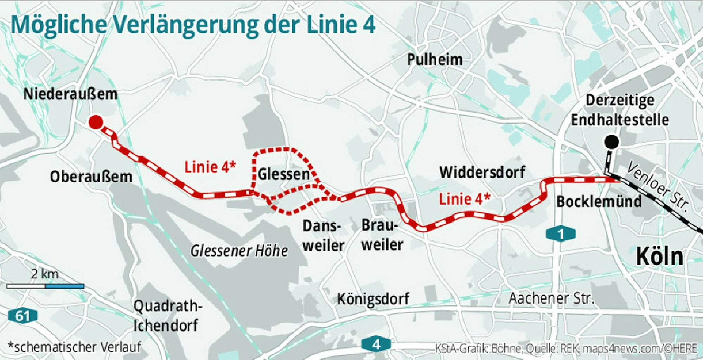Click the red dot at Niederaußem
coord(96,122)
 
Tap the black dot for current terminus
coord(611,142)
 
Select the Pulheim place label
coord(435,59)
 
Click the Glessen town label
coord(283,174)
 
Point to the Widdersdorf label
coord(482,172)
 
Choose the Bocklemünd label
coord(599,201)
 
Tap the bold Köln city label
coord(659,257)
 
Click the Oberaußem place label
coord(91,176)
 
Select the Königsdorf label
coord(373,299)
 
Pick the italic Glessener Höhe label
coord(239,251)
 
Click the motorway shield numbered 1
coord(561,234)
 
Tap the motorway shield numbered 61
coord(23,316)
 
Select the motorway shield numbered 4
coord(376,344)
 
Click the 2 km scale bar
coord(45,287)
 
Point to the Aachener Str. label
coord(551,298)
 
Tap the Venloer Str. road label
coord(657,187)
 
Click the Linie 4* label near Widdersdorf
coord(464,199)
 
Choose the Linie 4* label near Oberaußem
coord(210,167)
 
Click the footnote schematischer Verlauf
coord(74,347)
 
